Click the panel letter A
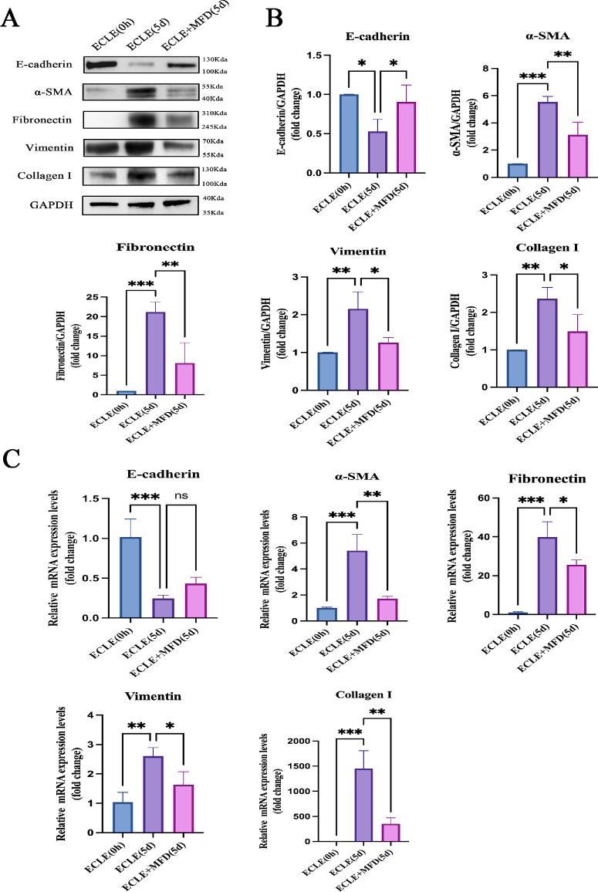coord(11,18)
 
